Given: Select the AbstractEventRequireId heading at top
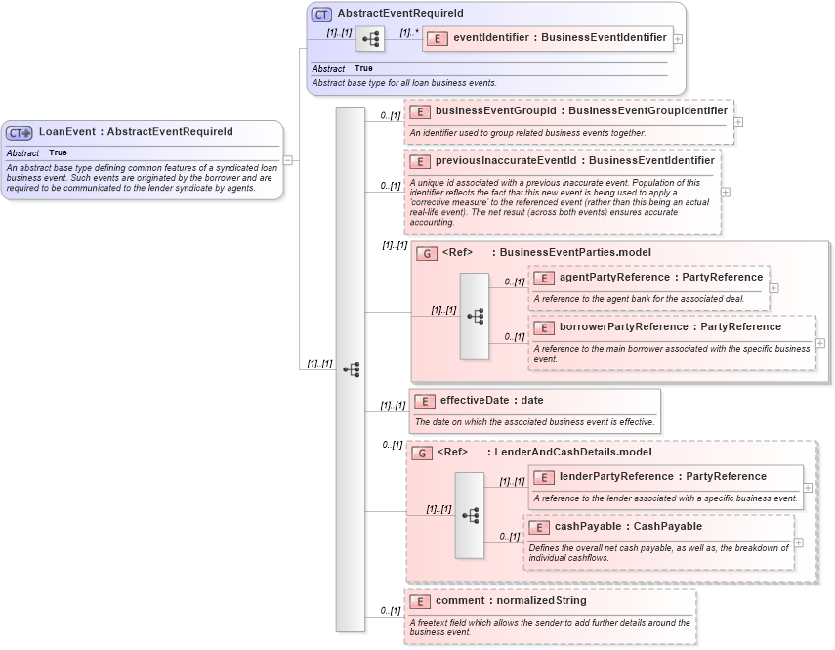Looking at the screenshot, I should pyautogui.click(x=399, y=14).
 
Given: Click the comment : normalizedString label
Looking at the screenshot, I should pyautogui.click(x=511, y=601).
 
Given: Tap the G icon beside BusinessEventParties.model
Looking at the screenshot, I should pyautogui.click(x=426, y=254).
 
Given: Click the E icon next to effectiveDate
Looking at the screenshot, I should pyautogui.click(x=424, y=401).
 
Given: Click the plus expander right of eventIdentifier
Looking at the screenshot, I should pyautogui.click(x=679, y=39).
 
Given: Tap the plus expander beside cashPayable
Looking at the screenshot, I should pyautogui.click(x=799, y=542).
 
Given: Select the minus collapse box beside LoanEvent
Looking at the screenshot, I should pyautogui.click(x=288, y=160).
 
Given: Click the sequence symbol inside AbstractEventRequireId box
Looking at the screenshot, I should pyautogui.click(x=370, y=39).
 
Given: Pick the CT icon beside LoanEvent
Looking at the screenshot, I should pyautogui.click(x=20, y=133).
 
